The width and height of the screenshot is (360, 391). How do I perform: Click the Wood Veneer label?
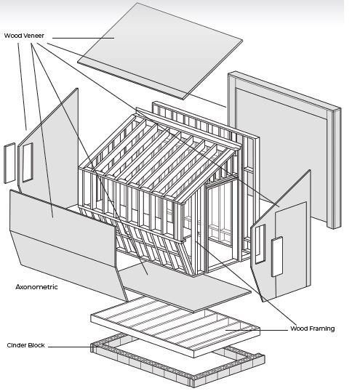pyautogui.click(x=24, y=36)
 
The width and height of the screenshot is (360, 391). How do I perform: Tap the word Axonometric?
pyautogui.click(x=36, y=287)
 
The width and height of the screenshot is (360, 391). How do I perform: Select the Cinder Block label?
pyautogui.click(x=25, y=345)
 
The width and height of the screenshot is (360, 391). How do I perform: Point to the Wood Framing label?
pyautogui.click(x=312, y=328)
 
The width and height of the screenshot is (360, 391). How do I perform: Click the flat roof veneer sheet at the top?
pyautogui.click(x=160, y=50)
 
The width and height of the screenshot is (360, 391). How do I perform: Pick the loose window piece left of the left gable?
pyautogui.click(x=9, y=163)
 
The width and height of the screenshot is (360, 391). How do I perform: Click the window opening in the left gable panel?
pyautogui.click(x=28, y=162)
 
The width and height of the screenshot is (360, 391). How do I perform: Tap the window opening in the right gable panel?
pyautogui.click(x=260, y=244)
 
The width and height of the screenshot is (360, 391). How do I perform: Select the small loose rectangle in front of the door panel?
pyautogui.click(x=277, y=257)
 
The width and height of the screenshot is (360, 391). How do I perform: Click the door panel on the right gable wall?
pyautogui.click(x=292, y=249)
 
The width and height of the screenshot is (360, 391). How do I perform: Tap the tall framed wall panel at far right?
pyautogui.click(x=284, y=150)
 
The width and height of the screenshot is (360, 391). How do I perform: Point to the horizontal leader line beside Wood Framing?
pyautogui.click(x=257, y=331)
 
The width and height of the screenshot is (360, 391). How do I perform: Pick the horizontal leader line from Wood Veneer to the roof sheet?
pyautogui.click(x=84, y=38)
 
